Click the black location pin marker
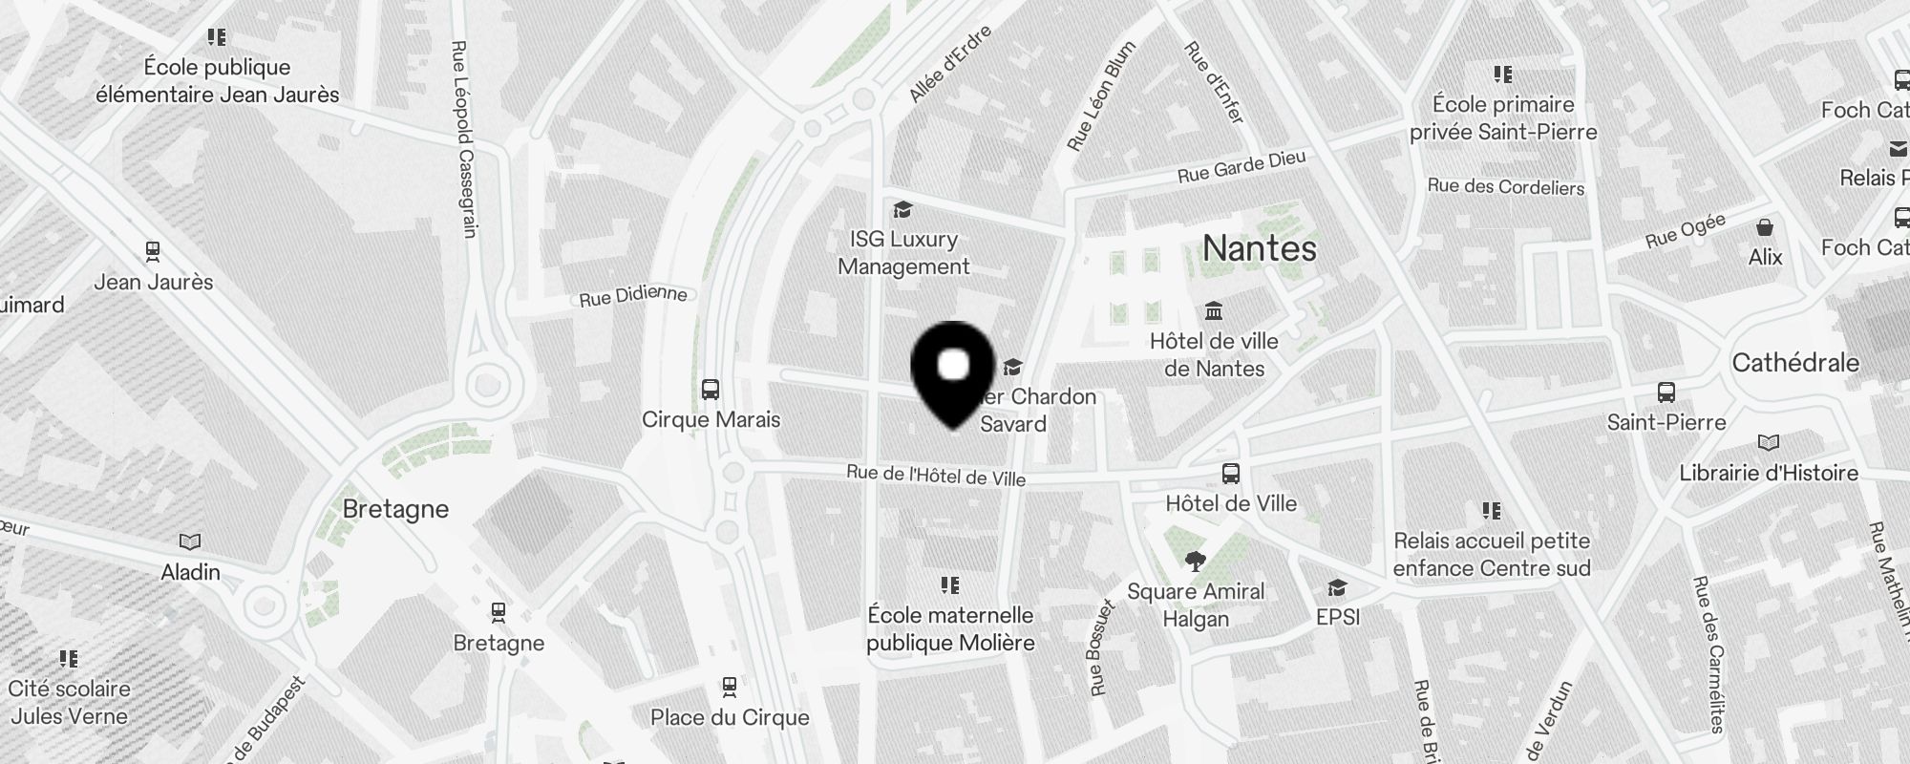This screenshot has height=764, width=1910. [x=954, y=373]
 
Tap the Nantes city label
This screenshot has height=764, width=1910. [x=1260, y=248]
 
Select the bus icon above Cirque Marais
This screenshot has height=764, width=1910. [x=711, y=390]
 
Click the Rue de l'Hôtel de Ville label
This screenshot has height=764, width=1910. [x=936, y=475]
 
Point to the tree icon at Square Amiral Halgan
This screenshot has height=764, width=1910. [x=1195, y=561]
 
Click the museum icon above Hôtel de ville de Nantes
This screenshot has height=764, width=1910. [x=1214, y=311]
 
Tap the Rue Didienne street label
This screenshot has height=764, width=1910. [x=632, y=296]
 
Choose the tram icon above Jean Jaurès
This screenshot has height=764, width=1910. [x=153, y=252]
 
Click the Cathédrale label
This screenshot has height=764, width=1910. [x=1795, y=363]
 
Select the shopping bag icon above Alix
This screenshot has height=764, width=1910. [x=1765, y=227]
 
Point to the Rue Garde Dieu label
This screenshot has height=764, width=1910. [x=1241, y=168]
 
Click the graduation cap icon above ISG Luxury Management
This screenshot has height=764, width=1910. [x=902, y=209]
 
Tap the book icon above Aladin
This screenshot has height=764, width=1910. [x=190, y=542]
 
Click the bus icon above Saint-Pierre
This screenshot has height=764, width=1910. [x=1666, y=393]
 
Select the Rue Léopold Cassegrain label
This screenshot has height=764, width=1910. [x=463, y=138]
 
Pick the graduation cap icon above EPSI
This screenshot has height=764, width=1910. [x=1337, y=587]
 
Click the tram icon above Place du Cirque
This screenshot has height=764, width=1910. [x=730, y=687]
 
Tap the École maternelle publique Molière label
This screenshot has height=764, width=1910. [x=950, y=628]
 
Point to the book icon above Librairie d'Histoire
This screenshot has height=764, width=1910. [x=1769, y=443]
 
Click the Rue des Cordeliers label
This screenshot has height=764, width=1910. [x=1506, y=187]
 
